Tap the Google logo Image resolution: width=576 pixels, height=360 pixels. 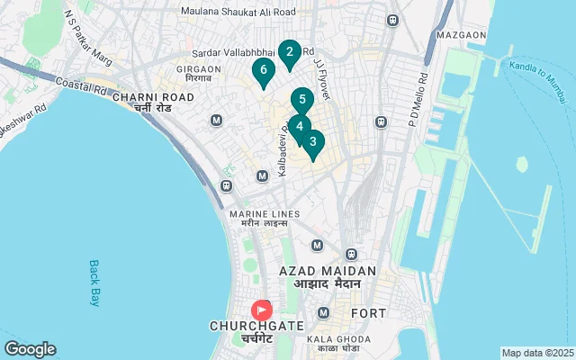click(x=30, y=349)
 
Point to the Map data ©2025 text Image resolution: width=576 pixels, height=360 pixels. click(x=537, y=353)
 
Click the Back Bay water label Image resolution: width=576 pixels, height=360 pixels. click(x=94, y=283)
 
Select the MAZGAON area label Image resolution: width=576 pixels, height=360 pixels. click(x=461, y=35)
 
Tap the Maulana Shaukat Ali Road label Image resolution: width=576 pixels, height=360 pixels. click(x=238, y=12)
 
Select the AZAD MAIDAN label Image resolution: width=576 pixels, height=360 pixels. click(x=327, y=271)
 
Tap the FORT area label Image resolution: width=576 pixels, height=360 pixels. click(x=369, y=313)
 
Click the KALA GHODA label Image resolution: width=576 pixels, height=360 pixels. click(x=333, y=339)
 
